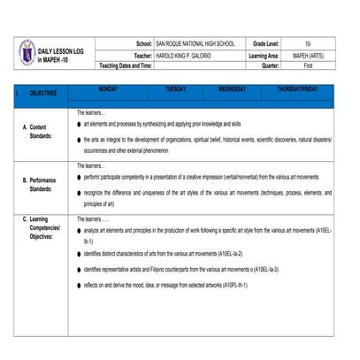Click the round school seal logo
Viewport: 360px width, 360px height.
tap(27, 52)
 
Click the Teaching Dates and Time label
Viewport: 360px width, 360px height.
tap(126, 65)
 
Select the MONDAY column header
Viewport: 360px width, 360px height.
tap(108, 89)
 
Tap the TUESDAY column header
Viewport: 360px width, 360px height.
tap(175, 89)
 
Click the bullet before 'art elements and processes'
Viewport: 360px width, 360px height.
tap(79, 124)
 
